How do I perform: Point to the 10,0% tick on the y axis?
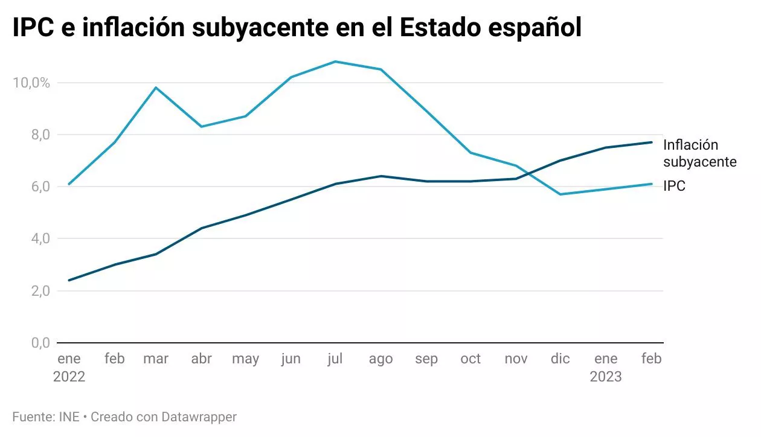pos(31,83)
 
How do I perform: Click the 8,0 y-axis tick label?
pos(39,135)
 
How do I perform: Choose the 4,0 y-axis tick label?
pos(39,239)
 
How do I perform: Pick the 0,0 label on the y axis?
pos(39,343)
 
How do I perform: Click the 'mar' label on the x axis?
pos(156,359)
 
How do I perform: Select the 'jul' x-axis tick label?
pos(335,359)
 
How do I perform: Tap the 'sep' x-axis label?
pos(426,359)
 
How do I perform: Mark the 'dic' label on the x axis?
pos(560,359)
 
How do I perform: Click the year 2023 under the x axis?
pos(605,377)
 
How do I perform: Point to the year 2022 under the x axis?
pos(69,377)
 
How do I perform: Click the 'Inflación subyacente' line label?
pos(699,153)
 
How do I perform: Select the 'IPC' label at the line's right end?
pos(674,187)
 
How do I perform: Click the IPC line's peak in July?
pos(335,62)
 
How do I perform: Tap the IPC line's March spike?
pos(156,88)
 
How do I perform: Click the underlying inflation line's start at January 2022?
pos(69,280)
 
